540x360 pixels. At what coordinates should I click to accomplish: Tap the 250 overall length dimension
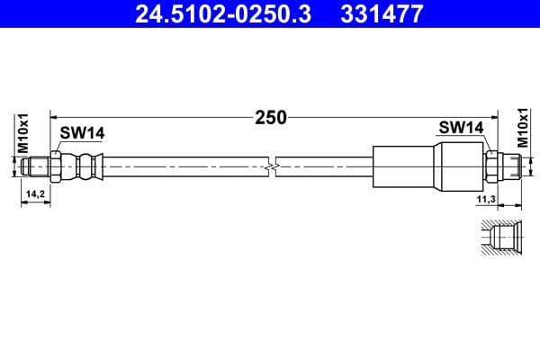pyautogui.click(x=270, y=116)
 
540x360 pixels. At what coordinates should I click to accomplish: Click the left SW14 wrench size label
pyautogui.click(x=82, y=133)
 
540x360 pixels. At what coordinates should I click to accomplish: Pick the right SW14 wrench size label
pyautogui.click(x=463, y=128)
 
